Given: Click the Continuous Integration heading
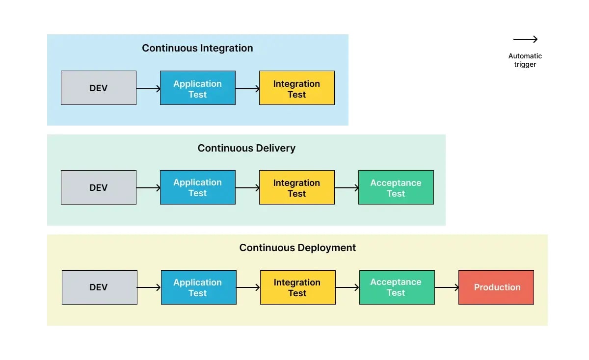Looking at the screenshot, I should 197,48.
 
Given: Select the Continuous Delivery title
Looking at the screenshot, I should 246,148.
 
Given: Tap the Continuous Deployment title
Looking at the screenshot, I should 297,248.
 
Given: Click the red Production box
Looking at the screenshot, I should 496,287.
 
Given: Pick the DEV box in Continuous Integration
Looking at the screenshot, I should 99,88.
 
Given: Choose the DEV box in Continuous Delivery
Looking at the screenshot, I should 99,187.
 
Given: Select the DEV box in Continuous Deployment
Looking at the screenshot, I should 100,287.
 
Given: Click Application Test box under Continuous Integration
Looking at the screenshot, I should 198,88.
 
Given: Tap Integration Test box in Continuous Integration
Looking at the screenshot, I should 297,88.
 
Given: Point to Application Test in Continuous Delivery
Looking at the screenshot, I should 198,187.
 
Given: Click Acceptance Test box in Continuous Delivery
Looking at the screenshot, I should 396,187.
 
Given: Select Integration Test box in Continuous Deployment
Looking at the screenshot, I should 298,287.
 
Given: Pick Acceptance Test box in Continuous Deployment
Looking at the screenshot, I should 397,287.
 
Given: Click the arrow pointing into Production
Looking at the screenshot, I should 447,287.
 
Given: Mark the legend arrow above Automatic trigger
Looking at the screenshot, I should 525,39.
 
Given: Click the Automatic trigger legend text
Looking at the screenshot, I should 525,60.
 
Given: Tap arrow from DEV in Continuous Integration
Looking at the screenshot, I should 148,89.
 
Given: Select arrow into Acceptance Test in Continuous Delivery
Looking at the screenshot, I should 347,188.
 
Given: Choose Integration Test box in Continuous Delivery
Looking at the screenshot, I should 297,187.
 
